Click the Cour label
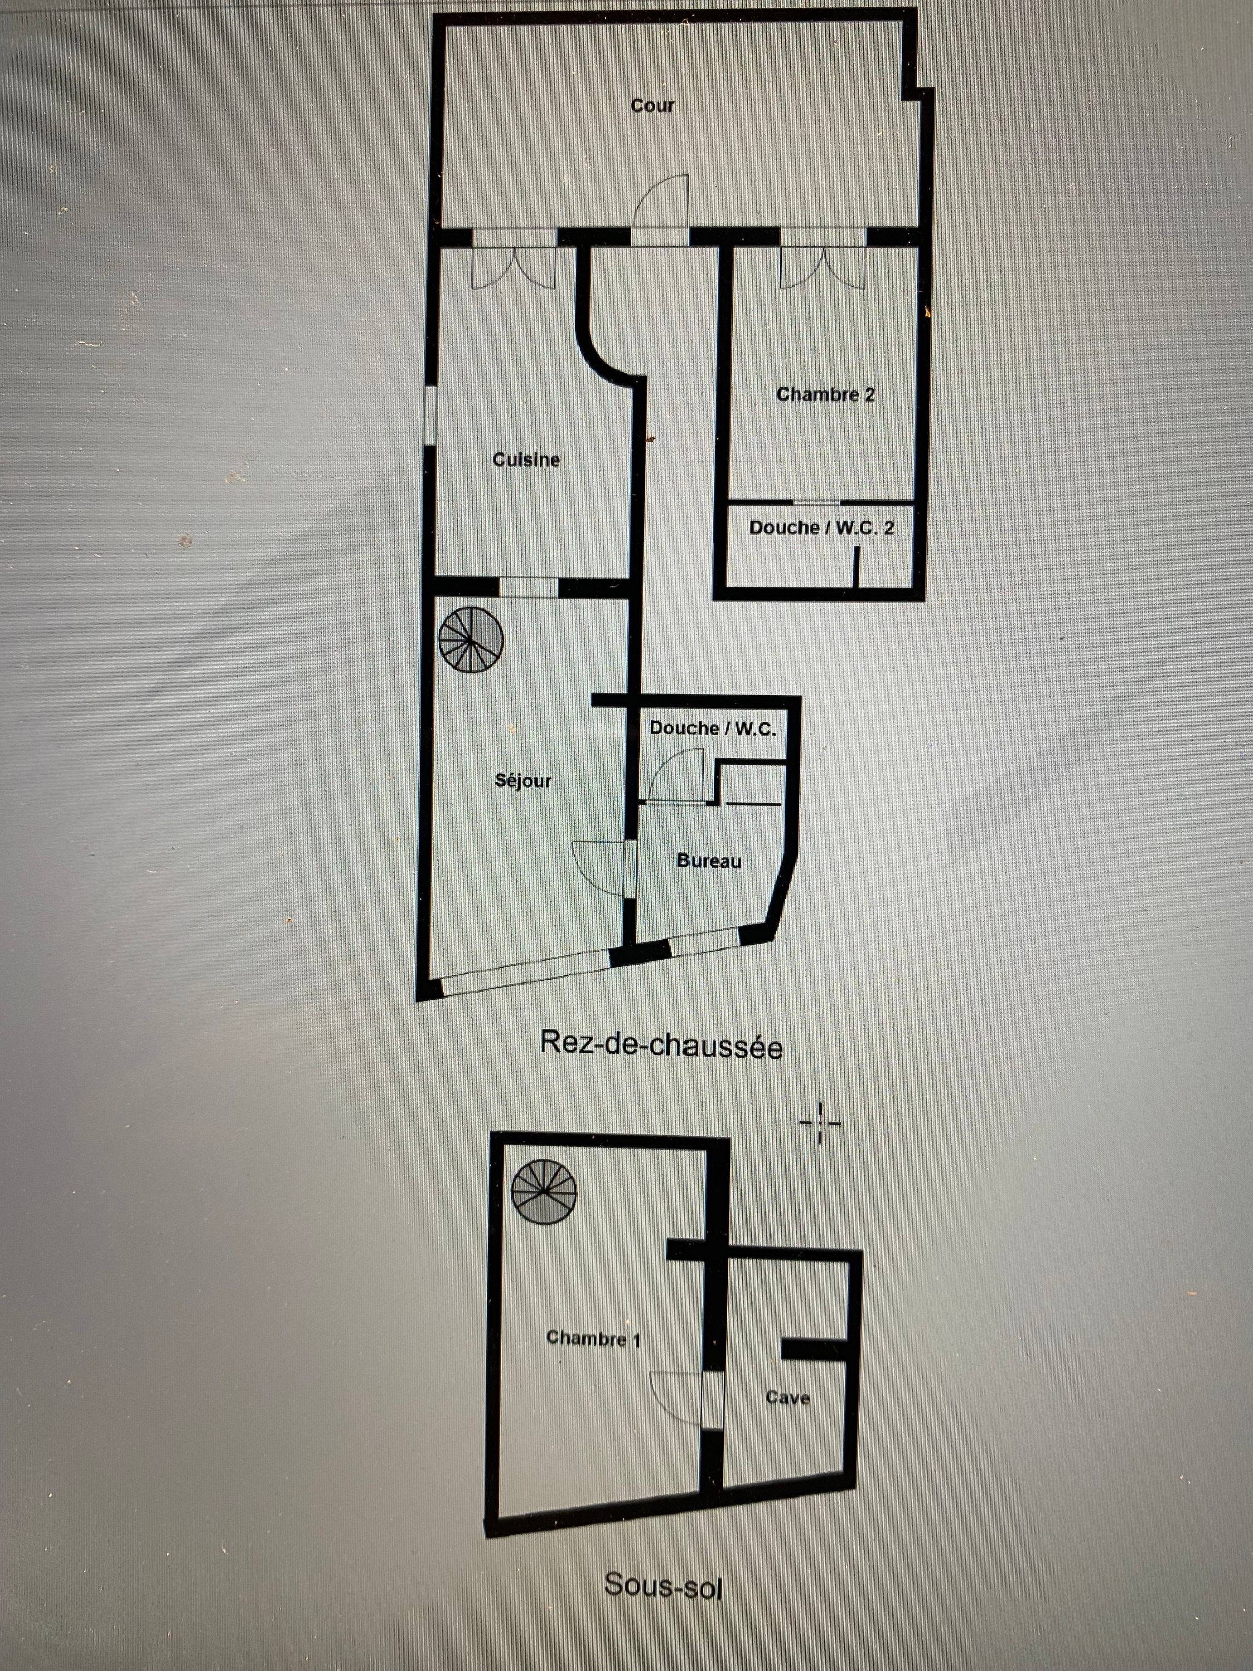click(x=653, y=106)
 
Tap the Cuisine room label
click(x=526, y=460)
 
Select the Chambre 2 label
click(x=825, y=394)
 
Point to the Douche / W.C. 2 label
click(x=822, y=527)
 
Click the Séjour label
click(x=523, y=780)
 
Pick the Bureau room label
click(x=709, y=861)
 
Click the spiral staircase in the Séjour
click(x=471, y=641)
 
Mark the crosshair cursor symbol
click(x=820, y=1123)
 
